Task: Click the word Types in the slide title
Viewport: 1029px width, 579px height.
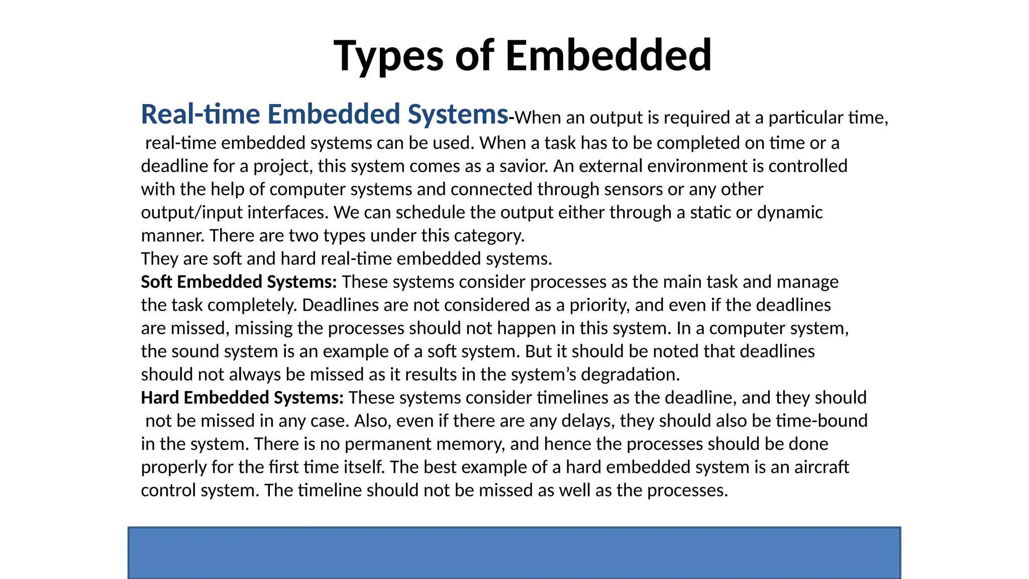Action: [x=388, y=56]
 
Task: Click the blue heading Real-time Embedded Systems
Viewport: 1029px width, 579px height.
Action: [x=325, y=114]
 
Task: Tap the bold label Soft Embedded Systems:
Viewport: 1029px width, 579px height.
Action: [x=239, y=282]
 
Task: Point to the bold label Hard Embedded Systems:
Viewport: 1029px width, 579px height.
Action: [x=242, y=398]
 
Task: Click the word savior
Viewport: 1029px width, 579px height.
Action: [x=524, y=166]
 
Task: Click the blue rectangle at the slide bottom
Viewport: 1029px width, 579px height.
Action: [x=514, y=553]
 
